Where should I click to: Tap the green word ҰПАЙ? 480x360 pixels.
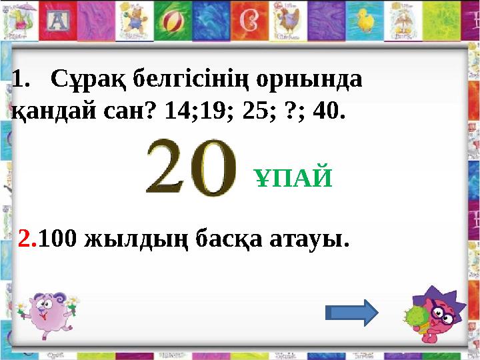294,178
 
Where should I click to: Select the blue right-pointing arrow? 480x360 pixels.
352,311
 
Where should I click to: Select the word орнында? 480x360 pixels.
314,81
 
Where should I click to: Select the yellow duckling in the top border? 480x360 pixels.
365,20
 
